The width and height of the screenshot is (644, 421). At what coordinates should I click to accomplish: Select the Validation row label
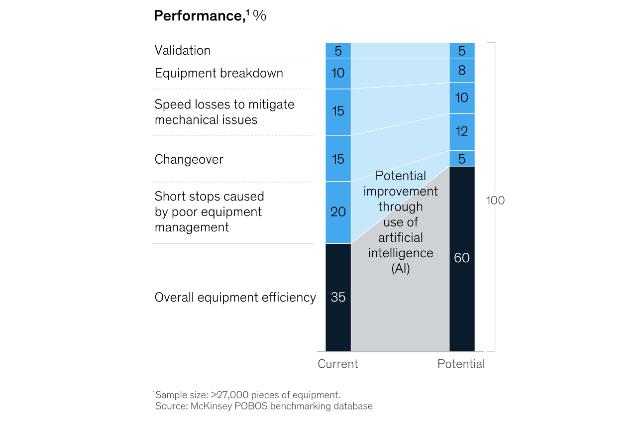[183, 50]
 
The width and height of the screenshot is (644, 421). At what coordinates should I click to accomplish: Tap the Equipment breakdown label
[218, 73]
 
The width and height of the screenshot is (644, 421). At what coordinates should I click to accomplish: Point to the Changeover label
[189, 159]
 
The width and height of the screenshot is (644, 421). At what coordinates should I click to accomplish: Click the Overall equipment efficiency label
[235, 297]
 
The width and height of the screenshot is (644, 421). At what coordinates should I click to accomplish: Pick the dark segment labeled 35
[338, 297]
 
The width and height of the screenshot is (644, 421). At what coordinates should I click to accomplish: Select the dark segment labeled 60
[462, 258]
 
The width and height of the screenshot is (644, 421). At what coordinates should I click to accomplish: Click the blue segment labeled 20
[338, 212]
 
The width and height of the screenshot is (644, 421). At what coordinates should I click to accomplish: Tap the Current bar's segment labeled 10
[338, 73]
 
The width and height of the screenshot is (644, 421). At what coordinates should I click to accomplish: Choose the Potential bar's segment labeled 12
[462, 132]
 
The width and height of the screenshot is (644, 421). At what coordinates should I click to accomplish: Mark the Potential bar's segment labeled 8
[462, 70]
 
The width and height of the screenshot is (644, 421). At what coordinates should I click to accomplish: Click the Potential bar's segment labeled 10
[462, 98]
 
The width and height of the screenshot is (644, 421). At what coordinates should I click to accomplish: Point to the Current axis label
[338, 364]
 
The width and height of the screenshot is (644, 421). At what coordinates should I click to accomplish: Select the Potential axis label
[461, 364]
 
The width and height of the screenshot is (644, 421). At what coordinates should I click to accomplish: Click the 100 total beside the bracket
[495, 201]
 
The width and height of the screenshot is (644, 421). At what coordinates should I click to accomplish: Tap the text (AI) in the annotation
[401, 268]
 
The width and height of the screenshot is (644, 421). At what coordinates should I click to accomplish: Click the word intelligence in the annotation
[401, 253]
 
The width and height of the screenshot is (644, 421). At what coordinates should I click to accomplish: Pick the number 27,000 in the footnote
[232, 395]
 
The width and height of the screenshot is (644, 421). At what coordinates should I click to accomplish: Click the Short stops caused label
[209, 196]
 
